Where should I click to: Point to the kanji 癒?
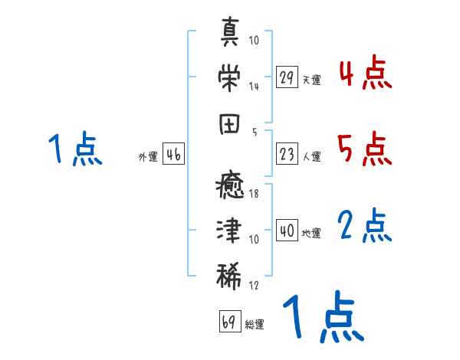coord(230,186)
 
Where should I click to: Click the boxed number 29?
coord(287,77)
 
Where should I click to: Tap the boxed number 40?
coord(287,231)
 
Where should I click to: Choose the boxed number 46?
coord(173,155)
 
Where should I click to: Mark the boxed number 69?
coord(229,321)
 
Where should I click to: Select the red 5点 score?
coord(365,149)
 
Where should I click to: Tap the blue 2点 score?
coord(365,226)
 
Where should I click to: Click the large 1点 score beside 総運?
coord(321,319)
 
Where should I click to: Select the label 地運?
coord(311,234)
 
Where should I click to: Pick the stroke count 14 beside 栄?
coord(255,86)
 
